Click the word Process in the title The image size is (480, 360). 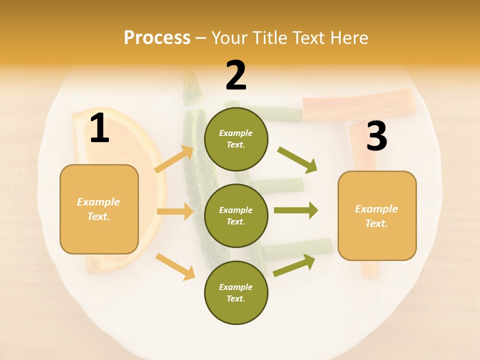pyautogui.click(x=157, y=38)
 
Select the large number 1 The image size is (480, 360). pyautogui.click(x=99, y=129)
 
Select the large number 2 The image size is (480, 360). pyautogui.click(x=236, y=75)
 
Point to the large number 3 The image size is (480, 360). pyautogui.click(x=376, y=136)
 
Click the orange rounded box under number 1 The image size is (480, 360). pyautogui.click(x=99, y=209)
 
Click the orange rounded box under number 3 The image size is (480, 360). pyautogui.click(x=377, y=215)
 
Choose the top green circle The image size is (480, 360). pyautogui.click(x=236, y=139)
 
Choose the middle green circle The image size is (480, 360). pyautogui.click(x=236, y=215)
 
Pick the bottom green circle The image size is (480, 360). pyautogui.click(x=236, y=292)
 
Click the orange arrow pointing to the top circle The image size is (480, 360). pyautogui.click(x=174, y=159)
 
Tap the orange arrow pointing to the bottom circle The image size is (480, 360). pyautogui.click(x=175, y=266)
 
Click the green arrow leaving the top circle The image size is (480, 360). pyautogui.click(x=297, y=159)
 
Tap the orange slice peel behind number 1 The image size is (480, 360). pyautogui.click(x=80, y=125)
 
